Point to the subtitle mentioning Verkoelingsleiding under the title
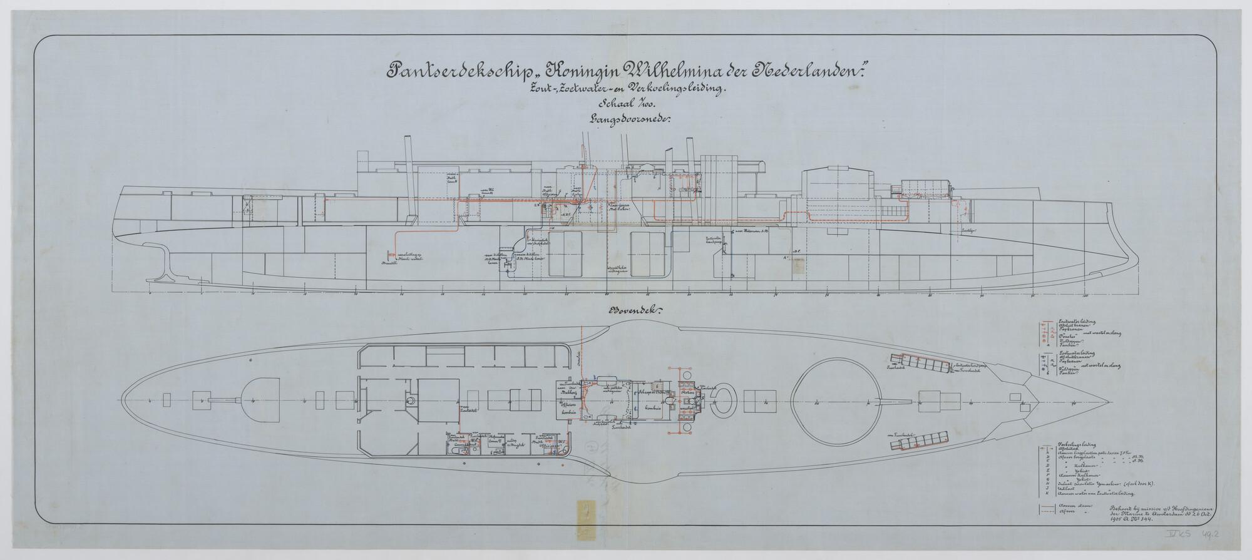pyautogui.click(x=626, y=89)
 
